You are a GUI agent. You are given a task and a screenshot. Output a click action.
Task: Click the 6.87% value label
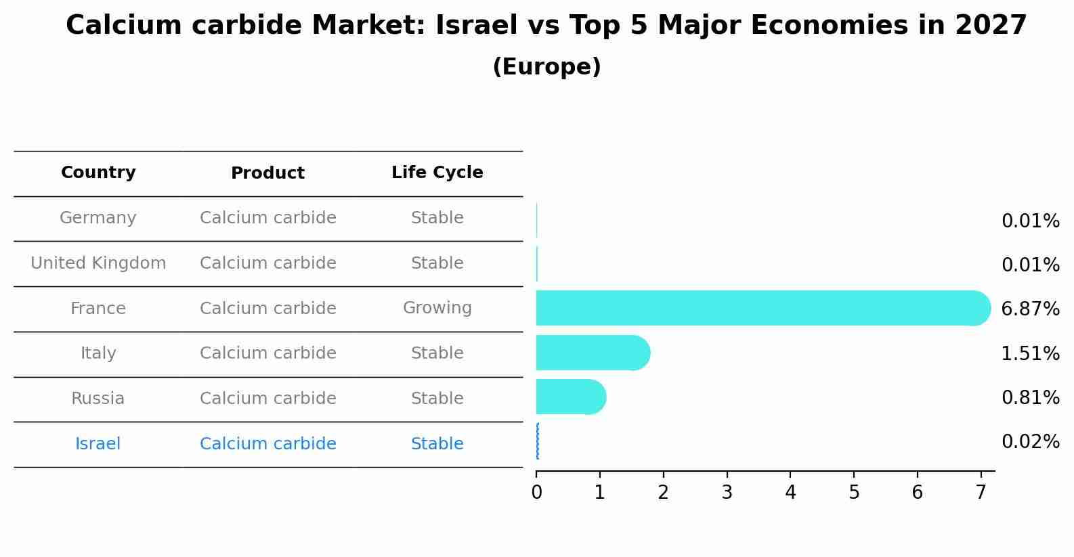click(1030, 309)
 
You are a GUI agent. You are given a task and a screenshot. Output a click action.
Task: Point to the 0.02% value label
click(1030, 442)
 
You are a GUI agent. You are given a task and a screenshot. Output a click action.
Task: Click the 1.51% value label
click(1030, 353)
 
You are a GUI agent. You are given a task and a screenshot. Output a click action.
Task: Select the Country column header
click(98, 173)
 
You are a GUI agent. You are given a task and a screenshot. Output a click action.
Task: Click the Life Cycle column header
click(437, 173)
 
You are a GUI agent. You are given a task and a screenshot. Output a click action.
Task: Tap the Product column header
click(267, 173)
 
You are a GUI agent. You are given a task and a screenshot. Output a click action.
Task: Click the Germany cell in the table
click(98, 218)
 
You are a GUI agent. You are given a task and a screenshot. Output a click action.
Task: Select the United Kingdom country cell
click(98, 263)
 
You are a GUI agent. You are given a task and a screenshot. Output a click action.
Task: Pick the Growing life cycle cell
click(437, 308)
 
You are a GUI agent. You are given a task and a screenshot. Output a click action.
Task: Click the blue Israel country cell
click(98, 444)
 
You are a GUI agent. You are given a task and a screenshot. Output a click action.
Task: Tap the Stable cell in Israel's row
click(437, 444)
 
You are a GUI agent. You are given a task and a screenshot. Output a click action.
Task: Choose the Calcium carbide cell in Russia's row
click(267, 399)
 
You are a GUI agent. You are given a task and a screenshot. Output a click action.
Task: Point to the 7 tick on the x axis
click(981, 492)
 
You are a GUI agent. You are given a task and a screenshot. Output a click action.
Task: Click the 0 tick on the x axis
click(536, 492)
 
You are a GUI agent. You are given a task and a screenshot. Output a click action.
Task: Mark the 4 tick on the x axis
click(790, 492)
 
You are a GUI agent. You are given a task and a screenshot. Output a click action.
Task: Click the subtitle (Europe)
click(546, 67)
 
